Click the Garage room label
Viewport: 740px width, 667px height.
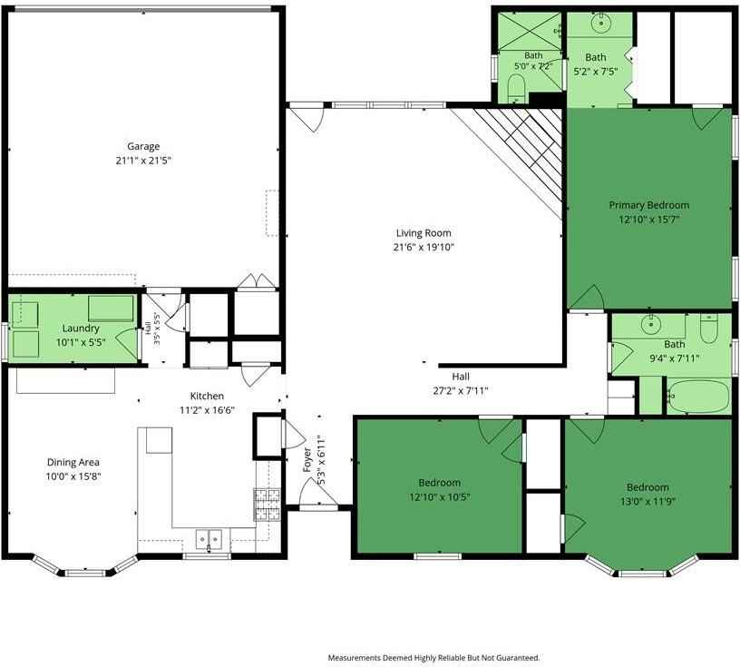[x=143, y=146]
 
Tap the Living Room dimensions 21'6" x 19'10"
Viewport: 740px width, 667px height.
[x=424, y=247]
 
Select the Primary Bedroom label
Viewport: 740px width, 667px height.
[x=649, y=205]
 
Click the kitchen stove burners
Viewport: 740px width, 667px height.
[x=268, y=505]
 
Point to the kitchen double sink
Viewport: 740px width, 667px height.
[x=209, y=539]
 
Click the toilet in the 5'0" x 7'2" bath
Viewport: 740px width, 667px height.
[x=516, y=89]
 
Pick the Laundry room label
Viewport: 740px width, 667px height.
[x=81, y=329]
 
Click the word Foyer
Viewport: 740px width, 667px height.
[x=307, y=459]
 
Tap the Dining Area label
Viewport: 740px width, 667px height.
[x=73, y=463]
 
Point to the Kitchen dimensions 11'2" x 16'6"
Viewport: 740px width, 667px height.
[x=207, y=410]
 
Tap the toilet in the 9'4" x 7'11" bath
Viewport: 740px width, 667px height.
[x=709, y=328]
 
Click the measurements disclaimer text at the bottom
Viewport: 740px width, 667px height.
[x=433, y=658]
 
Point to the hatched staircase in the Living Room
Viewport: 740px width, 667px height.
[x=514, y=156]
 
